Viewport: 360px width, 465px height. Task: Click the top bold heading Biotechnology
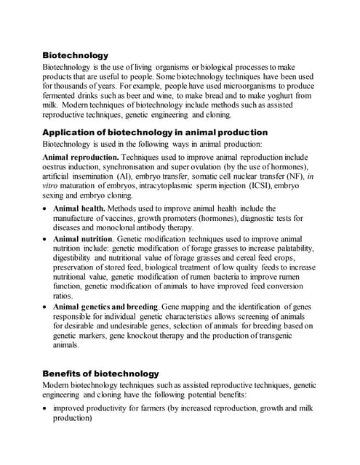pyautogui.click(x=75, y=55)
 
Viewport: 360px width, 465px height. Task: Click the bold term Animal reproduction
pyautogui.click(x=81, y=157)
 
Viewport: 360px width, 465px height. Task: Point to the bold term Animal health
pyautogui.click(x=79, y=209)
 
